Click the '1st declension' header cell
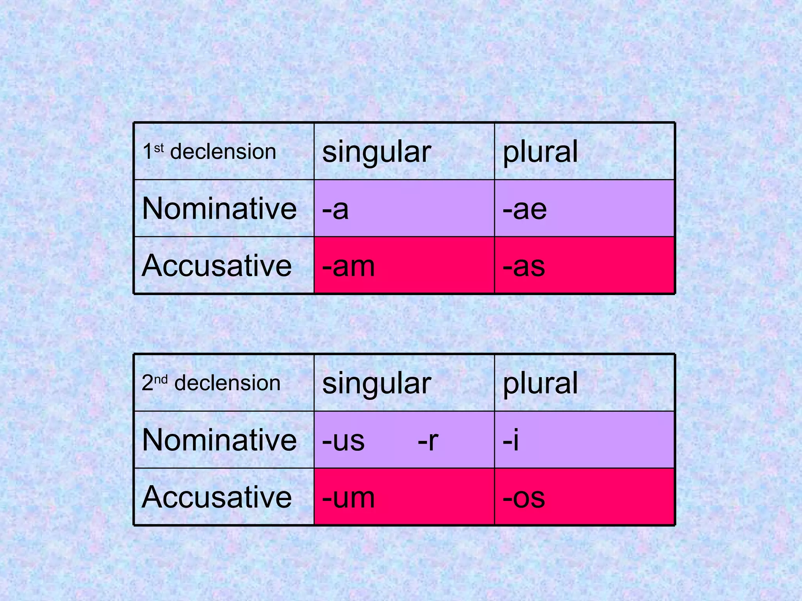(x=210, y=152)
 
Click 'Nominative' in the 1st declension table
(x=219, y=209)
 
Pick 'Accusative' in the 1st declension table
(x=217, y=266)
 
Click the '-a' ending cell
(x=335, y=209)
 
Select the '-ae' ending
(x=525, y=209)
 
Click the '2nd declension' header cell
(x=211, y=383)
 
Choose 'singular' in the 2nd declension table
(x=376, y=383)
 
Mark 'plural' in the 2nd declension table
(x=540, y=383)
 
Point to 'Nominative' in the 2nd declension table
(x=219, y=440)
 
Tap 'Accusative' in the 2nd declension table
(x=217, y=497)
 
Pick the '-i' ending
(x=511, y=440)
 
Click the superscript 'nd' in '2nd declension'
(x=161, y=379)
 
